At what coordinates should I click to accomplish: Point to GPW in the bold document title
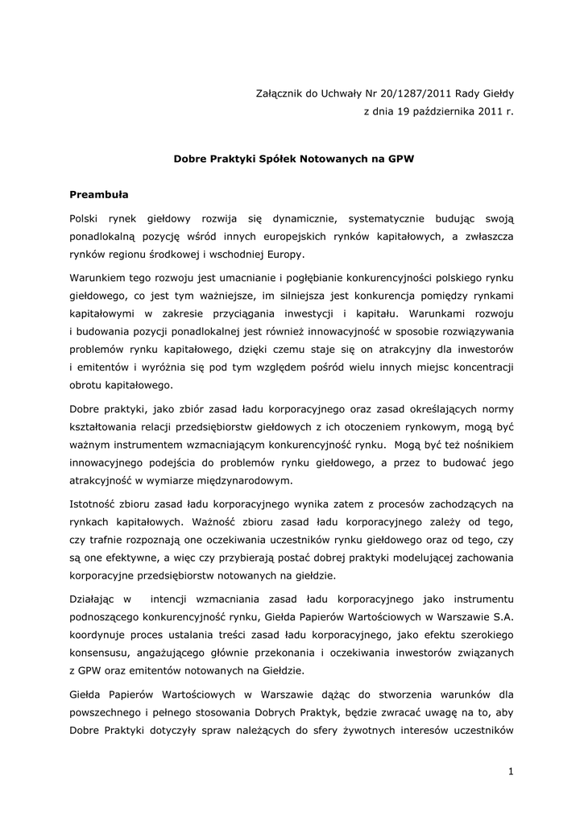pos(400,159)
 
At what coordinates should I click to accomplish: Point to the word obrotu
pos(86,384)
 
